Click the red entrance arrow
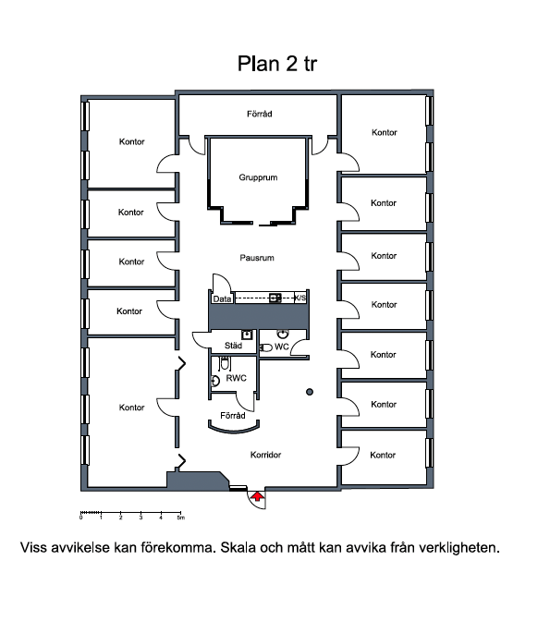(x=258, y=496)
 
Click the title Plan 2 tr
(x=277, y=64)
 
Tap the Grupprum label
(x=258, y=177)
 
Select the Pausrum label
(x=257, y=258)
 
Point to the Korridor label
(x=265, y=455)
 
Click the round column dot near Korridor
(x=310, y=392)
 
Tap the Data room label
(x=222, y=299)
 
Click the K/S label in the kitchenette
(x=300, y=298)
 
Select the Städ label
(x=233, y=346)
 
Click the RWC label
(x=236, y=378)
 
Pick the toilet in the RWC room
(x=225, y=362)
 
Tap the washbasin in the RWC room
(x=215, y=381)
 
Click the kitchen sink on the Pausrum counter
(x=275, y=298)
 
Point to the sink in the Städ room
(x=247, y=335)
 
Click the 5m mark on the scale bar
(x=180, y=517)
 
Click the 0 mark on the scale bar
(x=81, y=517)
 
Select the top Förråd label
(x=260, y=114)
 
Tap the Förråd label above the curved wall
(x=233, y=416)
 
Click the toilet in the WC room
(x=266, y=347)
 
